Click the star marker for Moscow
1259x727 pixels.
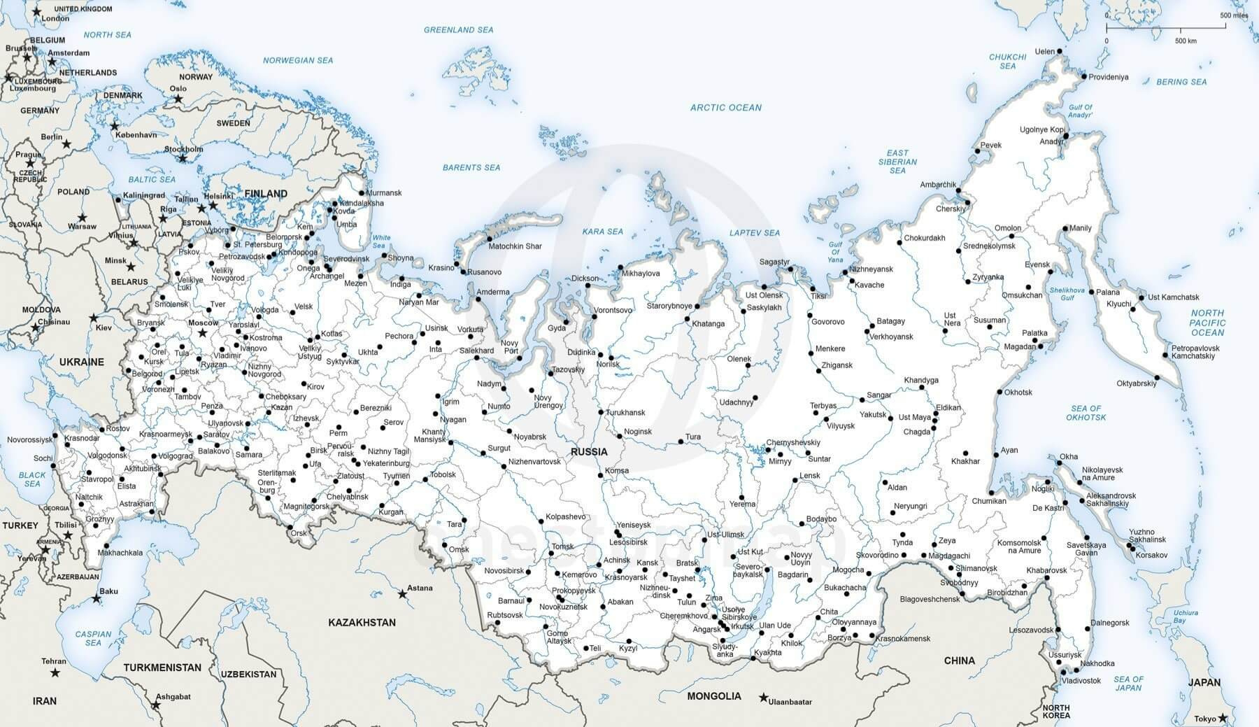(x=203, y=333)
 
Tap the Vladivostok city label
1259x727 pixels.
(x=1081, y=680)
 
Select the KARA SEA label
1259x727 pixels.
(x=602, y=232)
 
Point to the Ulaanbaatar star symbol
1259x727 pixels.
(x=764, y=698)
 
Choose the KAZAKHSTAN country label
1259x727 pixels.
(x=362, y=622)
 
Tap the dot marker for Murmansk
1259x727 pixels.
(x=362, y=193)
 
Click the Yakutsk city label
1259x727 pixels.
(x=873, y=415)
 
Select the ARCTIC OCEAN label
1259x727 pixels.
(x=725, y=108)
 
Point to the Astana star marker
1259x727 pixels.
(x=402, y=594)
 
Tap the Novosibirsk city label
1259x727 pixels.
(x=504, y=571)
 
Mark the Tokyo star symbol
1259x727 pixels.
(x=1222, y=717)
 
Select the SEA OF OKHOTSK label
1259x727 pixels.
(x=1086, y=413)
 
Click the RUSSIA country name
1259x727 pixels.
(x=589, y=451)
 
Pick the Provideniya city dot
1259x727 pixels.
(x=1083, y=76)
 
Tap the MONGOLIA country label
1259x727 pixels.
(x=713, y=696)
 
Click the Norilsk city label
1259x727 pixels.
(x=608, y=365)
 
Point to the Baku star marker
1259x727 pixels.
(x=97, y=599)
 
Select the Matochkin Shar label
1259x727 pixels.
(x=515, y=246)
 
